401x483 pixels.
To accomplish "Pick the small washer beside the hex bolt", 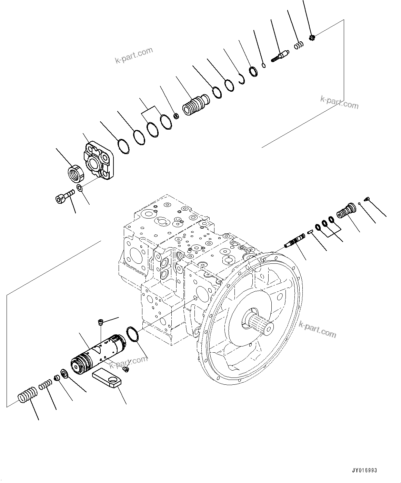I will [79, 188].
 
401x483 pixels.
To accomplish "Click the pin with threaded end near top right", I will [281, 56].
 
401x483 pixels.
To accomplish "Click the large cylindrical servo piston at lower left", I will [99, 355].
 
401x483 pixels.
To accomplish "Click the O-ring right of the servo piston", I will [132, 334].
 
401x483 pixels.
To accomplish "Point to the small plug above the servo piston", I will [100, 322].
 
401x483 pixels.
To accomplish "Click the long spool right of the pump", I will [295, 240].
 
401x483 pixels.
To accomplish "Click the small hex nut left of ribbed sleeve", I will [175, 116].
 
